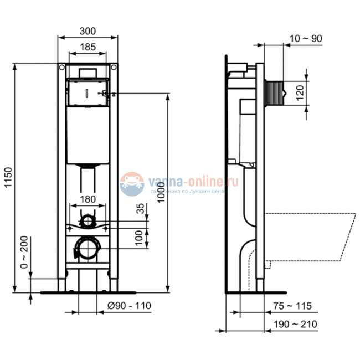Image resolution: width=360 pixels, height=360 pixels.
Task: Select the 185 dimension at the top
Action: (88, 48)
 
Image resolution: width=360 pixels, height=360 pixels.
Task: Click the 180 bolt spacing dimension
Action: (88, 199)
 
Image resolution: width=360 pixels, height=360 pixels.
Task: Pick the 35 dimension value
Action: (140, 210)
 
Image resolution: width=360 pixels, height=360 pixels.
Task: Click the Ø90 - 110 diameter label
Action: (128, 306)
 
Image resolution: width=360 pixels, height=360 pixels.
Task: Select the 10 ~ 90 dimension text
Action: (305, 38)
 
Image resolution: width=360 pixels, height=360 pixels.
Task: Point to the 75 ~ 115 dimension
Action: (293, 306)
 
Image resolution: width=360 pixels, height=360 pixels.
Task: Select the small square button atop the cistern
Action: (87, 73)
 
